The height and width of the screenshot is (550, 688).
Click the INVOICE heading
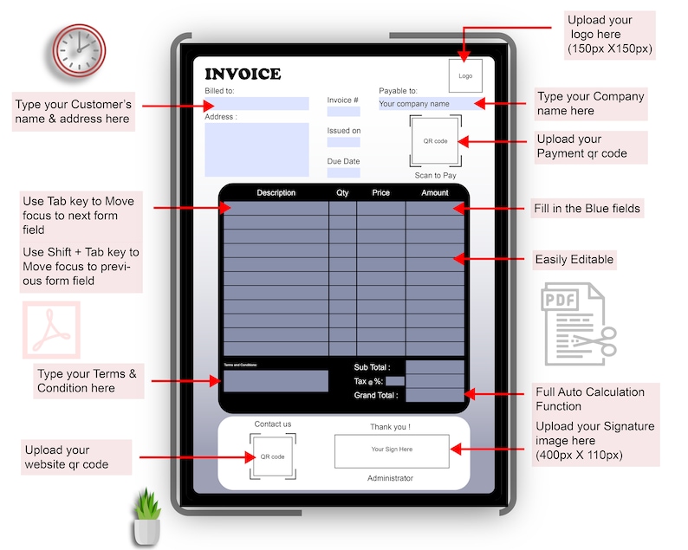pos(243,74)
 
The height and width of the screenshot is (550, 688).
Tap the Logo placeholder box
pos(465,75)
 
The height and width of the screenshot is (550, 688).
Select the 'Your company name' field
pos(426,104)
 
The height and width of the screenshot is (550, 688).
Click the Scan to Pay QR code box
pos(435,140)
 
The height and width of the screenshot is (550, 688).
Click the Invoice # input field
pos(344,112)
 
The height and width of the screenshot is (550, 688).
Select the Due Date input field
pos(344,172)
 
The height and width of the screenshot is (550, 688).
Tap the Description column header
pos(276,192)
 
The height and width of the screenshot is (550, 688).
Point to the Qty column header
pos(342,192)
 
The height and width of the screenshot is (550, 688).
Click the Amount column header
pos(434,192)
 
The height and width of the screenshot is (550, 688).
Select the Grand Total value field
pos(435,395)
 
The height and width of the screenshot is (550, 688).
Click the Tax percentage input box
pos(394,381)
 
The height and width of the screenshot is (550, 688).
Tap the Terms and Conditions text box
pos(276,381)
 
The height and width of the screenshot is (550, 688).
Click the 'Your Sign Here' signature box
pos(392,450)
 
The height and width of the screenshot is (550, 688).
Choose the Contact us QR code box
pos(273,456)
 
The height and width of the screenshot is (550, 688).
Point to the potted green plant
pos(146,517)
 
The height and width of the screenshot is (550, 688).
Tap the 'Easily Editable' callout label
pos(574,259)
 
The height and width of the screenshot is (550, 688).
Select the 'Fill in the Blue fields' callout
pos(587,209)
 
